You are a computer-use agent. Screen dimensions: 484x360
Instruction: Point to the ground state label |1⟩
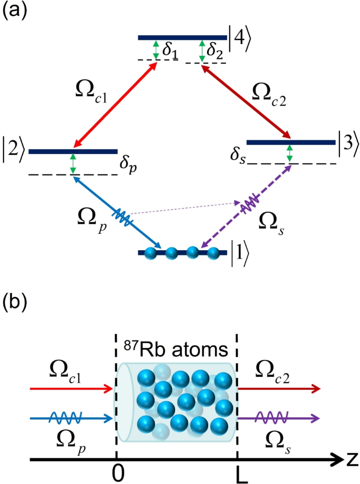click(238, 253)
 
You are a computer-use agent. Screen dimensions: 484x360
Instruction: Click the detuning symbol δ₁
click(170, 52)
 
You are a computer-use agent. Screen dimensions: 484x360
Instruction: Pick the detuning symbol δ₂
click(215, 52)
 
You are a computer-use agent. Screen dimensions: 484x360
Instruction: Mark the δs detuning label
click(238, 157)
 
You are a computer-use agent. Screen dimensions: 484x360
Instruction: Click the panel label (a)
click(13, 12)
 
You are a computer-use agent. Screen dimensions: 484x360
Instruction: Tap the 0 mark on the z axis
click(121, 473)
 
